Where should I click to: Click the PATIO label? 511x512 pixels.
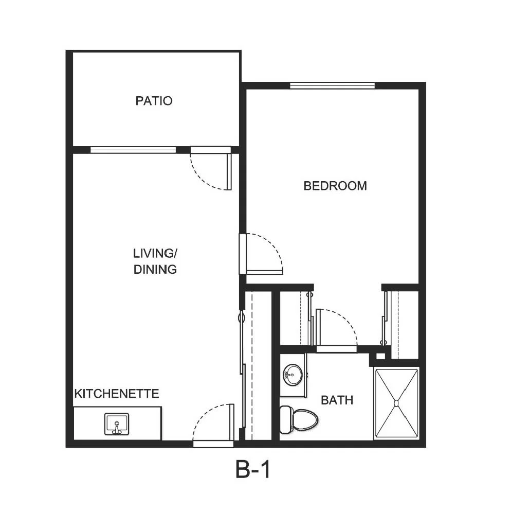coord(154,100)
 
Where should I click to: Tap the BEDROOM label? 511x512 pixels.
coord(335,186)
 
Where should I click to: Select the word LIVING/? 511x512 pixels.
coord(155,253)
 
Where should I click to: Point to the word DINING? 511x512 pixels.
coord(155,270)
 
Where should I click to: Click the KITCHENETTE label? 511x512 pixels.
coord(117,394)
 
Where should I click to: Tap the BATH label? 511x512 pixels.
coord(337,400)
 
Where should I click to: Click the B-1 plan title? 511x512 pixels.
coord(253,469)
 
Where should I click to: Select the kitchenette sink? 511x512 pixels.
coord(117,424)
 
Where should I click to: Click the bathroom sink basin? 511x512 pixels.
coord(293,375)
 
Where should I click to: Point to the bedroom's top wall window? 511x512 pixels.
coord(332,85)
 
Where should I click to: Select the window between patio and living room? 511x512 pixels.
coord(133,150)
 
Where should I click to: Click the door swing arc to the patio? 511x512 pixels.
coord(203,178)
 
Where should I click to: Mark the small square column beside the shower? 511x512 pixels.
coord(380,356)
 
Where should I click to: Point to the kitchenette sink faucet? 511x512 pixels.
coord(117,429)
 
